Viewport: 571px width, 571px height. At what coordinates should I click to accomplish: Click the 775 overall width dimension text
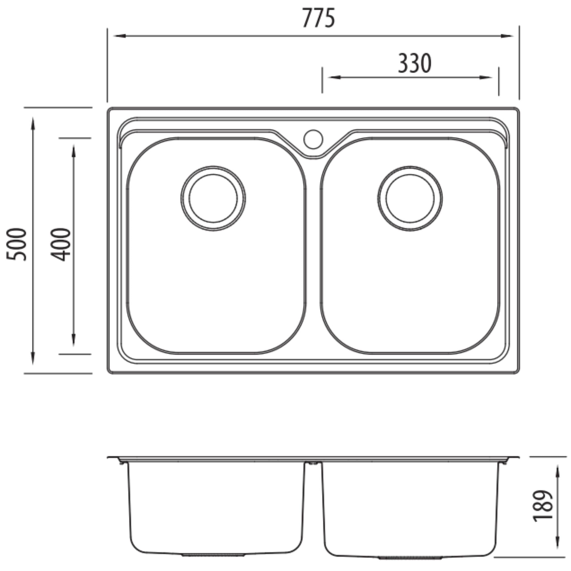tap(319, 18)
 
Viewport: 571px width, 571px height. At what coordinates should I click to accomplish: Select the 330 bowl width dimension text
tap(414, 63)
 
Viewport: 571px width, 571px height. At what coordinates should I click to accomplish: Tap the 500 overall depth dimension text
tap(16, 244)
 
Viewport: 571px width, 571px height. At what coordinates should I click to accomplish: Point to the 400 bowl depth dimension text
tap(61, 244)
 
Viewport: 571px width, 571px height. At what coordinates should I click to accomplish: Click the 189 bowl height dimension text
tap(542, 506)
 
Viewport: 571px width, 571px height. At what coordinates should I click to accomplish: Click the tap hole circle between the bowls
tap(313, 139)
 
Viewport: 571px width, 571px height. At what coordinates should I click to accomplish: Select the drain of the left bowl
tap(213, 198)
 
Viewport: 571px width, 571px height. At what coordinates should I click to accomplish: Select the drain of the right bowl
tap(410, 198)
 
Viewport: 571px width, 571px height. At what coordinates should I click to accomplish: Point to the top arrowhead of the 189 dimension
tap(558, 472)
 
